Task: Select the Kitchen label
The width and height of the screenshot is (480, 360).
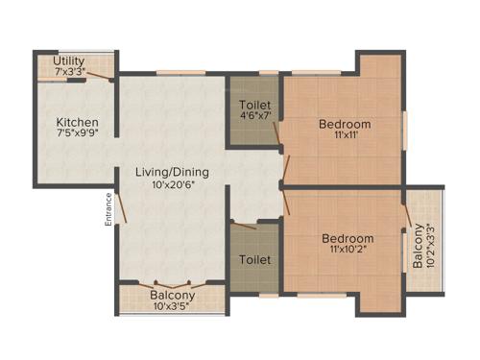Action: [77, 123]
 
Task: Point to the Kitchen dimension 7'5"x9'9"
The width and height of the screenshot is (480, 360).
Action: [77, 135]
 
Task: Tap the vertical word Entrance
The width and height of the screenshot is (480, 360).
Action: [109, 210]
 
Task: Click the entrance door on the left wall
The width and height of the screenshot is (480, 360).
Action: [118, 204]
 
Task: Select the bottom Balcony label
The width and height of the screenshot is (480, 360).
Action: [173, 297]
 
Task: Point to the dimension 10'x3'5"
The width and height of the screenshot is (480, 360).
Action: [173, 308]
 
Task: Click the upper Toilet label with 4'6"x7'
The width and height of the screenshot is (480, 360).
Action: [255, 105]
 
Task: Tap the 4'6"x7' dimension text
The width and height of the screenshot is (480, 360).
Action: [255, 117]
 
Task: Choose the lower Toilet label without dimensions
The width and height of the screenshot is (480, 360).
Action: [255, 260]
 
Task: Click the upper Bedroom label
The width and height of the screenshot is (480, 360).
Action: [345, 124]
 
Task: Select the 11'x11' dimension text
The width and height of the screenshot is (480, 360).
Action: [345, 136]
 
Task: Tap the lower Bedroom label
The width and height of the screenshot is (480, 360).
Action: [348, 238]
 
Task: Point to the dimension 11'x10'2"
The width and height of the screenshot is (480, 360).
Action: [348, 251]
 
